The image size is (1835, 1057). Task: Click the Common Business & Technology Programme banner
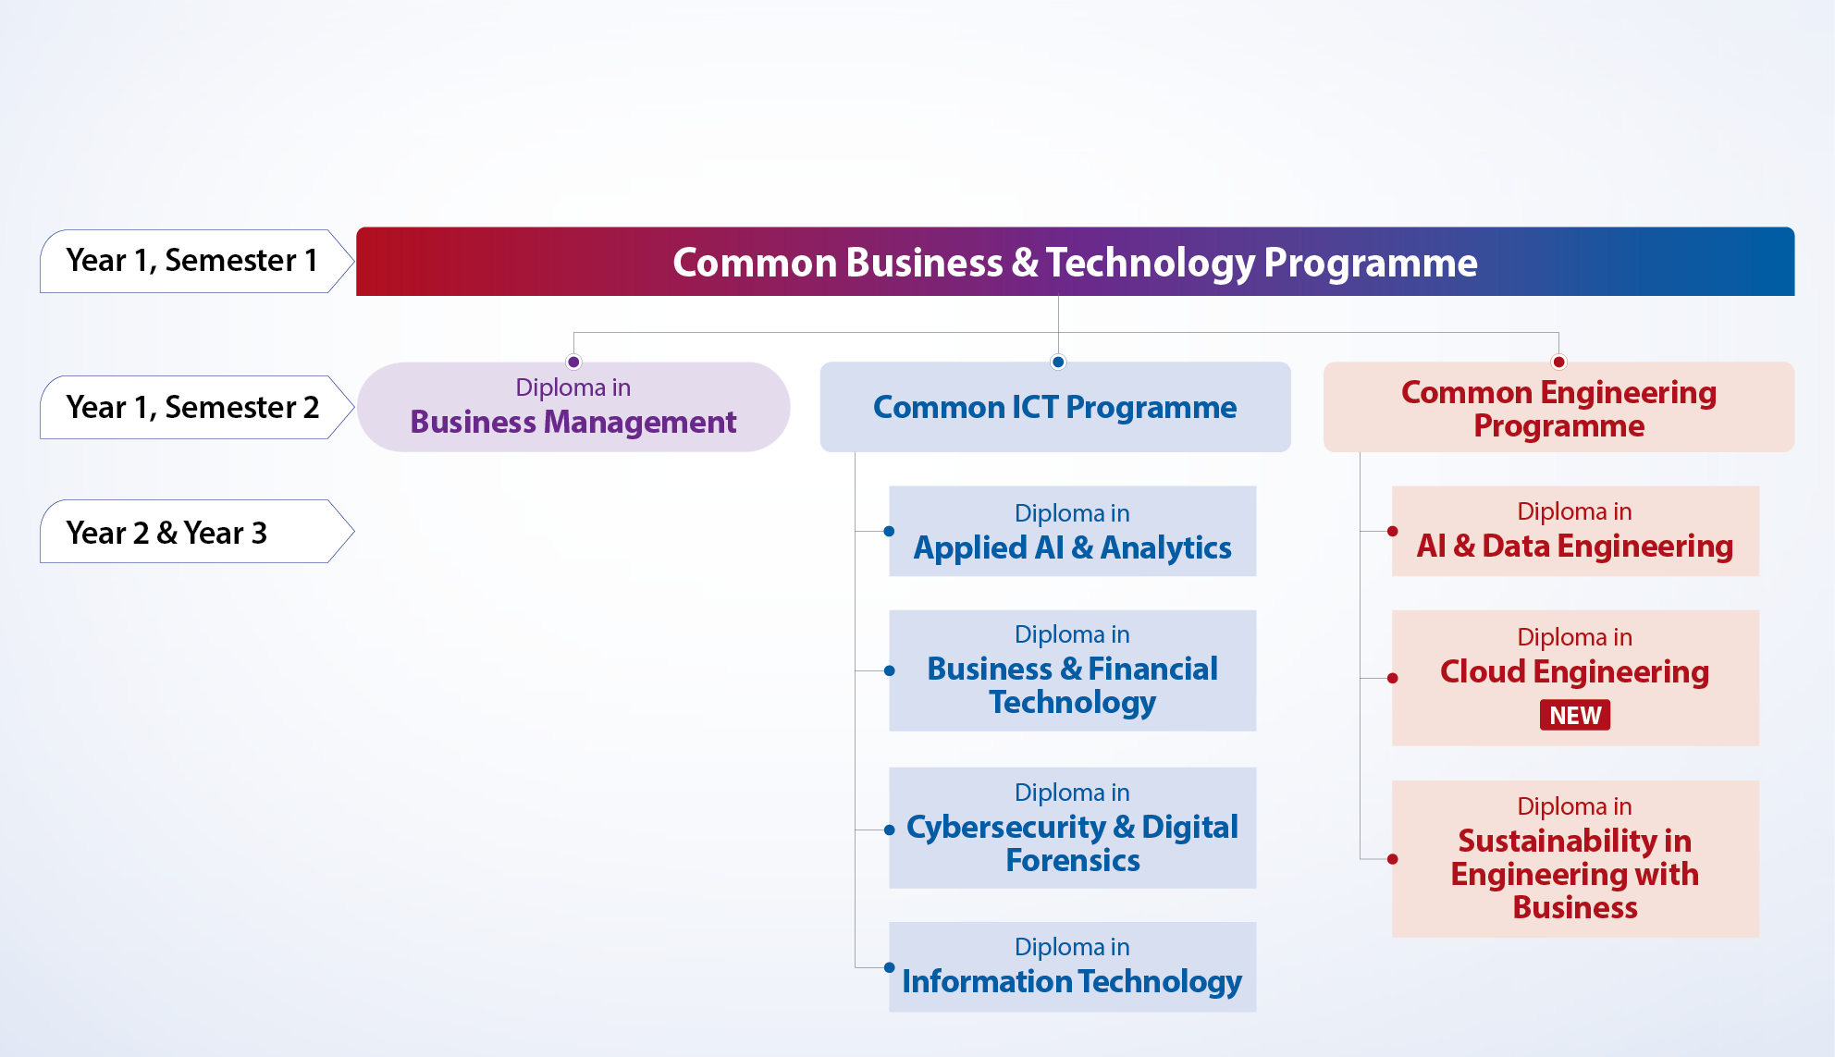click(1075, 262)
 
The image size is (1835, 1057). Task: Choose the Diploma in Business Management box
click(573, 407)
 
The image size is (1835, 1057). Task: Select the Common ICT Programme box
click(1055, 407)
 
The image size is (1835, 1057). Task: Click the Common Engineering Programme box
click(1559, 407)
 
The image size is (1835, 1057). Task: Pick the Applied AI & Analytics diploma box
click(1073, 531)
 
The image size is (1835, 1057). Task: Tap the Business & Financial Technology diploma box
click(1073, 670)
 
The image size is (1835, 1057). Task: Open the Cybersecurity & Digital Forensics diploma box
click(1073, 828)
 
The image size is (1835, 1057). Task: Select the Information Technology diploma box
click(1073, 966)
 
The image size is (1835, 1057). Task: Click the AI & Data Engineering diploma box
click(1575, 531)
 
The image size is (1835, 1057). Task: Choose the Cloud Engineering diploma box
click(1575, 678)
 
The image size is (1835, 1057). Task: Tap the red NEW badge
click(1575, 715)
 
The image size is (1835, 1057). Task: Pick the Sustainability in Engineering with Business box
click(1575, 859)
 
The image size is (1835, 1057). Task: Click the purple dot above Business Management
click(573, 362)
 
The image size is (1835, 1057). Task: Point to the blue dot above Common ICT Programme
click(1058, 362)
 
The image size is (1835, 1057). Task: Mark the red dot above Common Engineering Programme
click(1559, 362)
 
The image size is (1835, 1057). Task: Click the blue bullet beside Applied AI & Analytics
click(889, 531)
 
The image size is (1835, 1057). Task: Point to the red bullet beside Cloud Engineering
click(1392, 678)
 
